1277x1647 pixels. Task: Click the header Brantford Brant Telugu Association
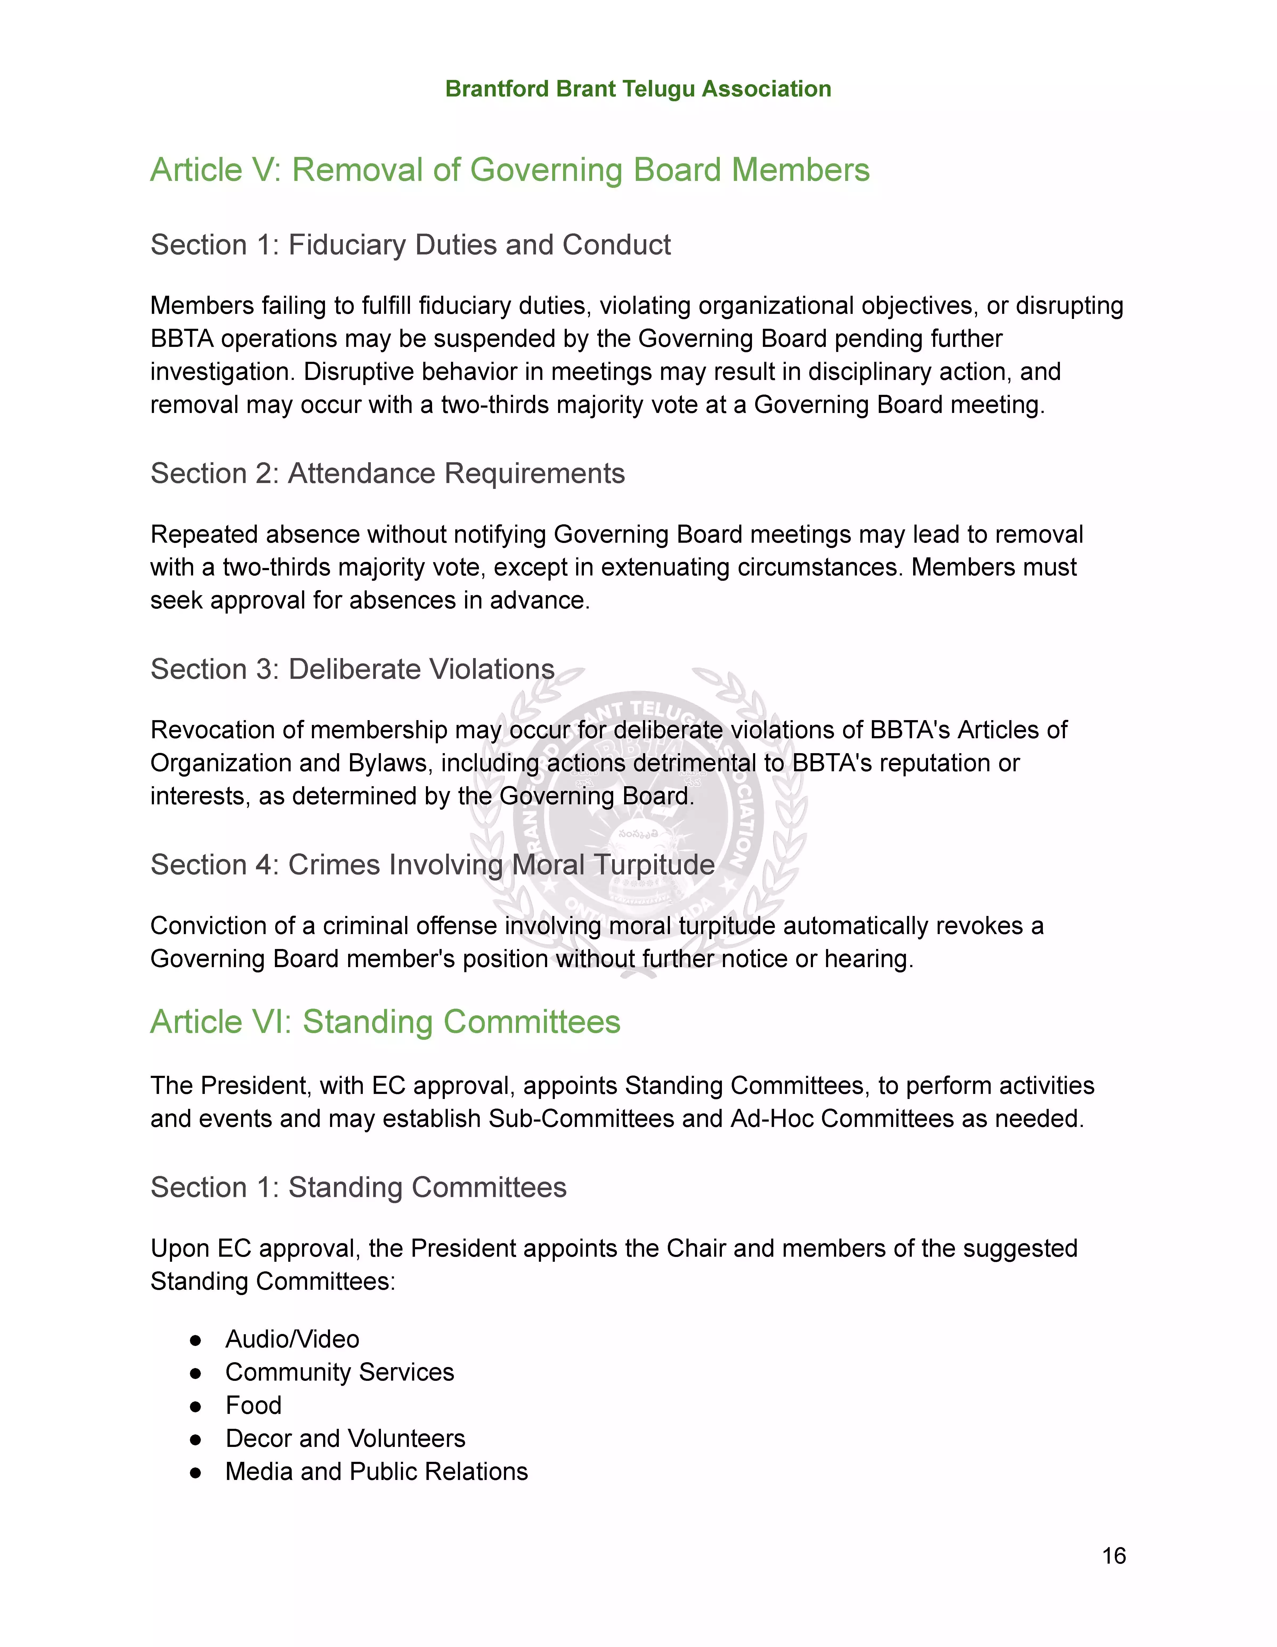pyautogui.click(x=638, y=89)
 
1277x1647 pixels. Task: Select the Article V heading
pyautogui.click(x=510, y=171)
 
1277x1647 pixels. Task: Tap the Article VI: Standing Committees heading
pyautogui.click(x=385, y=1023)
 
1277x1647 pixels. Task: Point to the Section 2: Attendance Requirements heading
pyautogui.click(x=388, y=474)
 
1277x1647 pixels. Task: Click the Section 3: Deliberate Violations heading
pyautogui.click(x=352, y=670)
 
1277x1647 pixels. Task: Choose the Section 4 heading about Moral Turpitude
pyautogui.click(x=432, y=865)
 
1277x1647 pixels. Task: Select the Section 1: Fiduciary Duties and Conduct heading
pyautogui.click(x=410, y=245)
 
